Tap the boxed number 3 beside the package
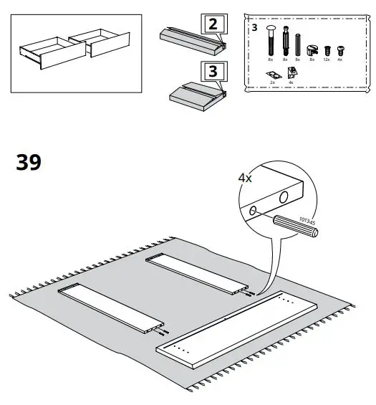(213, 72)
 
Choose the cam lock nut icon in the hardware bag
(312, 50)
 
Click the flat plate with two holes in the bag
(272, 75)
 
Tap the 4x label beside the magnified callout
(245, 178)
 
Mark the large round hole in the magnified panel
(284, 197)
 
